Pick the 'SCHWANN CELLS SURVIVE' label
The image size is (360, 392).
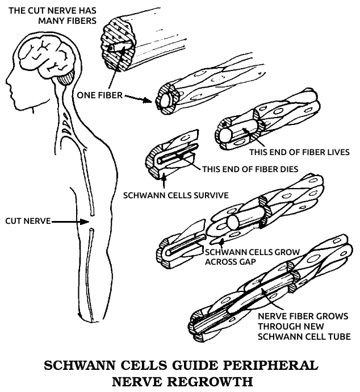pyautogui.click(x=176, y=195)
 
